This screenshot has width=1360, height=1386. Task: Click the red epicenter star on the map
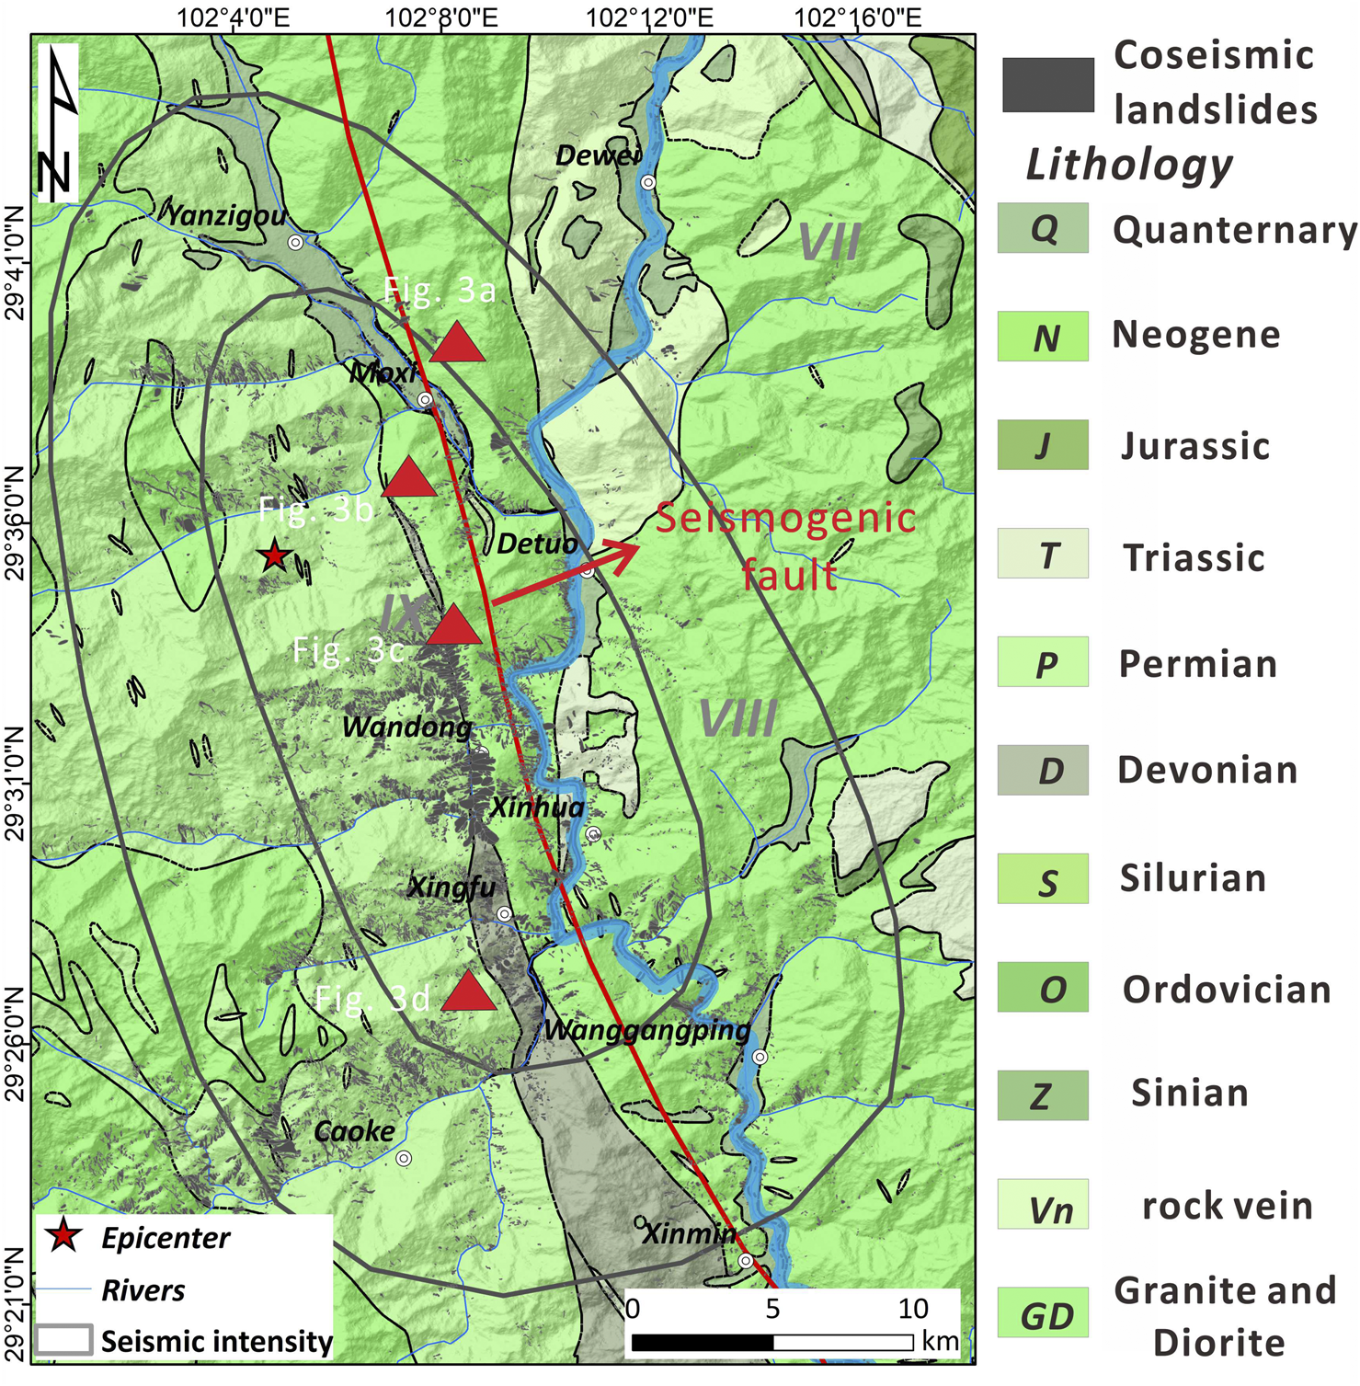click(x=274, y=556)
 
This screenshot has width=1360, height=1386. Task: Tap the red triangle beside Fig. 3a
click(x=457, y=344)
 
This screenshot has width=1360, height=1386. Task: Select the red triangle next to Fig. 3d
click(x=469, y=991)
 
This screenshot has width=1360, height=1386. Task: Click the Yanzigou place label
click(x=226, y=216)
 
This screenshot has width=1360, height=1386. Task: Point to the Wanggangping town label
click(x=647, y=1029)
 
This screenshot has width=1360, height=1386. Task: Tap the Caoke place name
click(x=354, y=1131)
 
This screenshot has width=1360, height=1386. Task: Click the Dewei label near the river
click(x=598, y=156)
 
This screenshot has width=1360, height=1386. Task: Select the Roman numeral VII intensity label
click(x=829, y=243)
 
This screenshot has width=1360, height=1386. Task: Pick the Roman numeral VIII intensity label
click(x=737, y=718)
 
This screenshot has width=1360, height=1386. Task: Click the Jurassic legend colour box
click(x=1043, y=445)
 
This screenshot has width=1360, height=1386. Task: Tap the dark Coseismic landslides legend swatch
click(x=1047, y=85)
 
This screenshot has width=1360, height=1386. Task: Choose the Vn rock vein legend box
click(x=1043, y=1205)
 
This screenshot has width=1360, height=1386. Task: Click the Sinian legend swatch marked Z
click(x=1043, y=1095)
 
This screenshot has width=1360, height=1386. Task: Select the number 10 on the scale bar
click(x=912, y=1308)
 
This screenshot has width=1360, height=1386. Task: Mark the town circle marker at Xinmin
click(x=746, y=1260)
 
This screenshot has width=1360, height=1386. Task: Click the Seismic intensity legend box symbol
click(x=64, y=1340)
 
